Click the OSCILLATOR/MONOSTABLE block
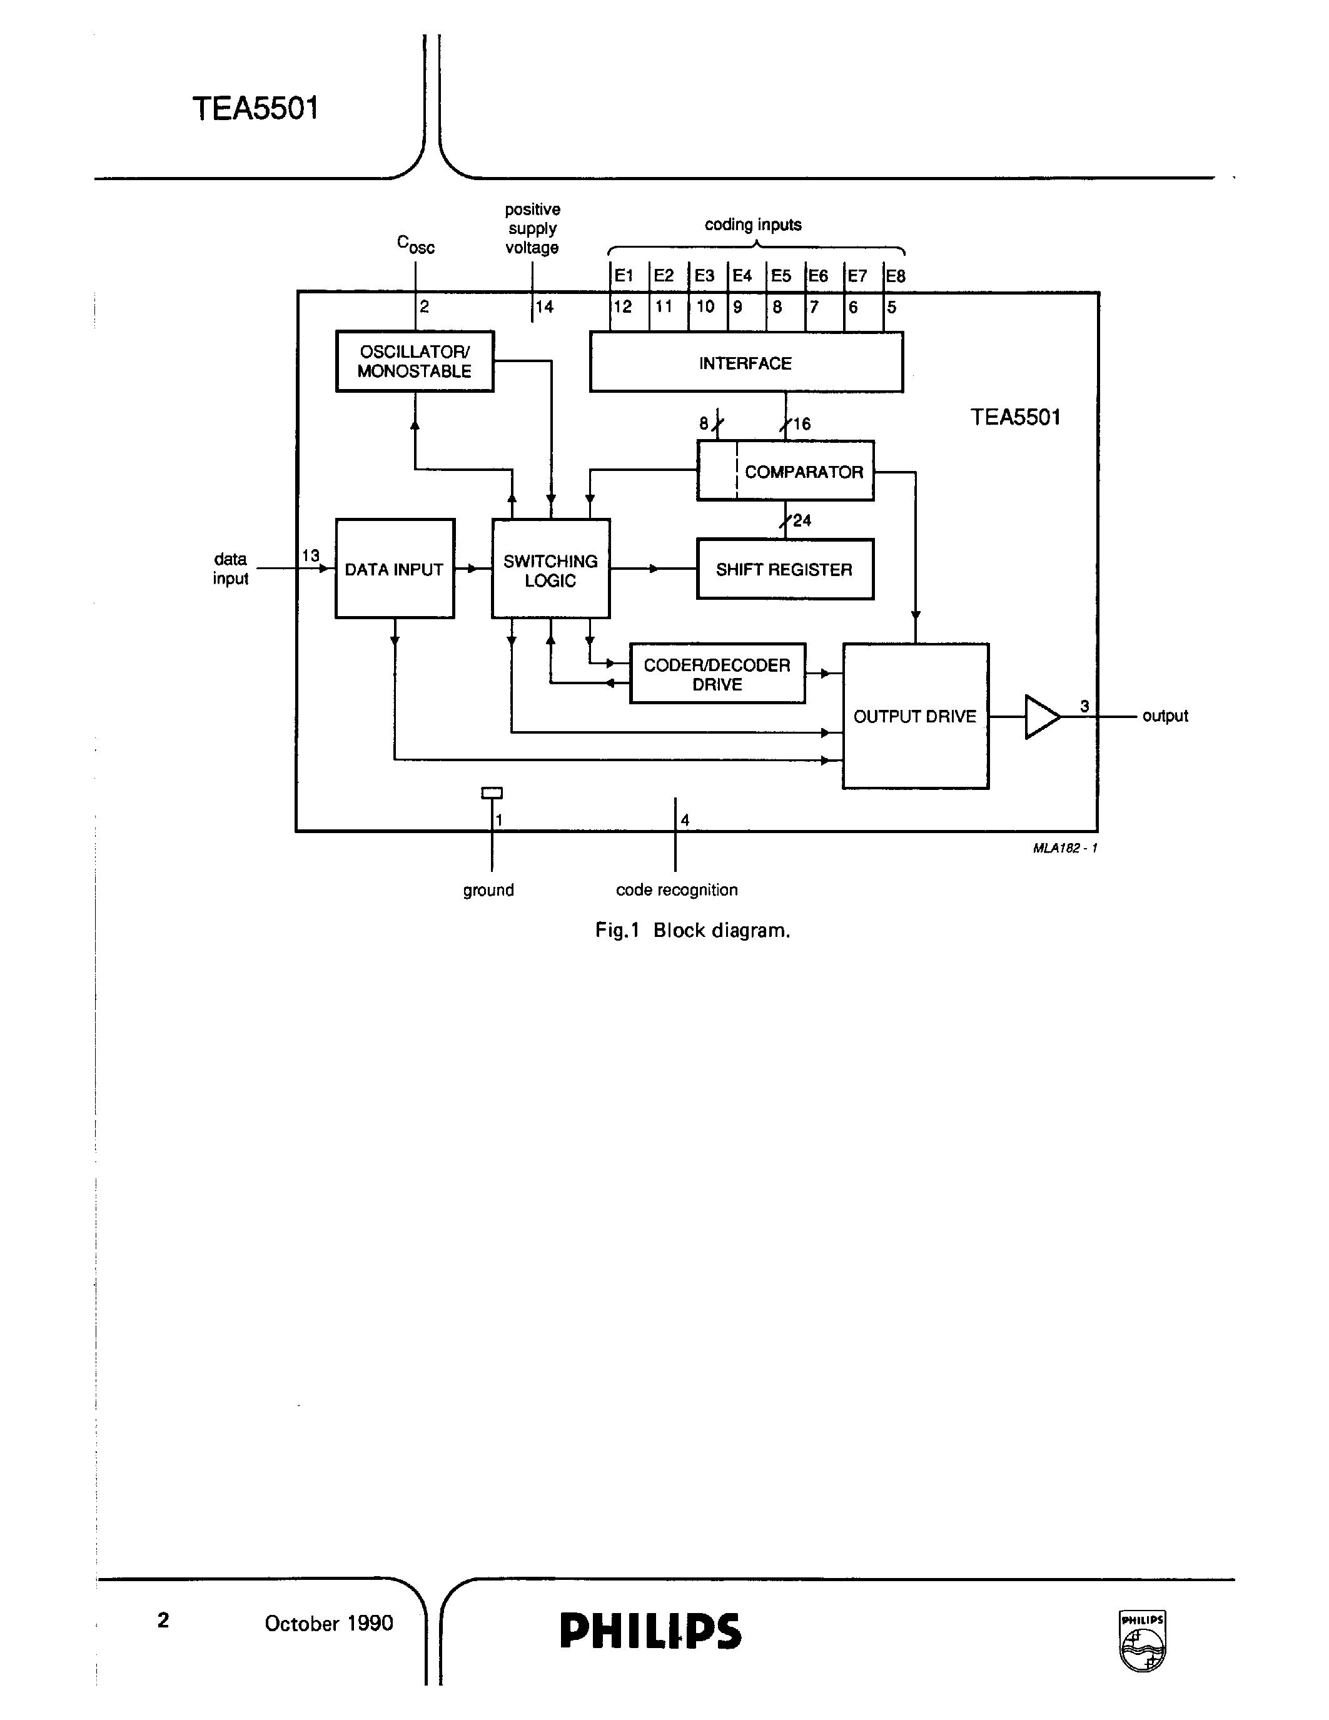pyautogui.click(x=415, y=362)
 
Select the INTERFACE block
pyautogui.click(x=745, y=362)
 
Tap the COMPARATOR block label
pyautogui.click(x=803, y=472)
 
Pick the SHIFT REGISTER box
pyautogui.click(x=784, y=569)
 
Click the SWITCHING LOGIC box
pyautogui.click(x=550, y=570)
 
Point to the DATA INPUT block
pyautogui.click(x=395, y=569)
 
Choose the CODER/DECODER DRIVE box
pyautogui.click(x=717, y=674)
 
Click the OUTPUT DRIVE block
pyautogui.click(x=915, y=716)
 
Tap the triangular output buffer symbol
pyautogui.click(x=1041, y=717)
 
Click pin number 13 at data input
pyautogui.click(x=311, y=555)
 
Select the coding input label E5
pyautogui.click(x=781, y=276)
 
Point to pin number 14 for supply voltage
pyautogui.click(x=545, y=306)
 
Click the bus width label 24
pyautogui.click(x=802, y=520)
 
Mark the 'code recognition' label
pyautogui.click(x=676, y=890)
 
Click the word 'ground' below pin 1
pyautogui.click(x=488, y=890)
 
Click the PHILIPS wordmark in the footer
pyautogui.click(x=650, y=1630)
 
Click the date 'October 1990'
pyautogui.click(x=328, y=1623)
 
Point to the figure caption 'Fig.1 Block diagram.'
pyautogui.click(x=692, y=930)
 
